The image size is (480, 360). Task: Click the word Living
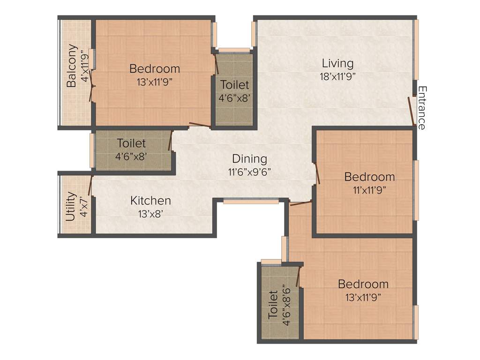pyautogui.click(x=337, y=63)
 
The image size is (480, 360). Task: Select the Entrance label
pyautogui.click(x=422, y=108)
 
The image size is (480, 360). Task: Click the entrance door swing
pyautogui.click(x=412, y=111)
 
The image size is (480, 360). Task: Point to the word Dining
pyautogui.click(x=250, y=159)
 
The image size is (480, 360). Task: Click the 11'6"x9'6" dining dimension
pyautogui.click(x=250, y=172)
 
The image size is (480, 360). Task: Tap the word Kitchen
pyautogui.click(x=150, y=201)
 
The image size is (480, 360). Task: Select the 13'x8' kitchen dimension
pyautogui.click(x=150, y=214)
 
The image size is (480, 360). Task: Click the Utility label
pyautogui.click(x=71, y=207)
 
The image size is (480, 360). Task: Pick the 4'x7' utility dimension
pyautogui.click(x=83, y=207)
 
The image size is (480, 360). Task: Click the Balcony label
pyautogui.click(x=72, y=66)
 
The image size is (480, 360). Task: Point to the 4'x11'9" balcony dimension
pyautogui.click(x=85, y=66)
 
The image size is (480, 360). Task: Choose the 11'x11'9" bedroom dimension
pyautogui.click(x=369, y=190)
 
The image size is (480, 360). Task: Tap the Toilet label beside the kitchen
pyautogui.click(x=131, y=143)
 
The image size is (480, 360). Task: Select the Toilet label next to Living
pyautogui.click(x=234, y=86)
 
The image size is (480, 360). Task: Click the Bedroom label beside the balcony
pyautogui.click(x=154, y=69)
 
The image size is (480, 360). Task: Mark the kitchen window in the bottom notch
pyautogui.click(x=251, y=202)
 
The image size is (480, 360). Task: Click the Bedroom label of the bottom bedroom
pyautogui.click(x=363, y=284)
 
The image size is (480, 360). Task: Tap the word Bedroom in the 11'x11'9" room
pyautogui.click(x=369, y=177)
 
